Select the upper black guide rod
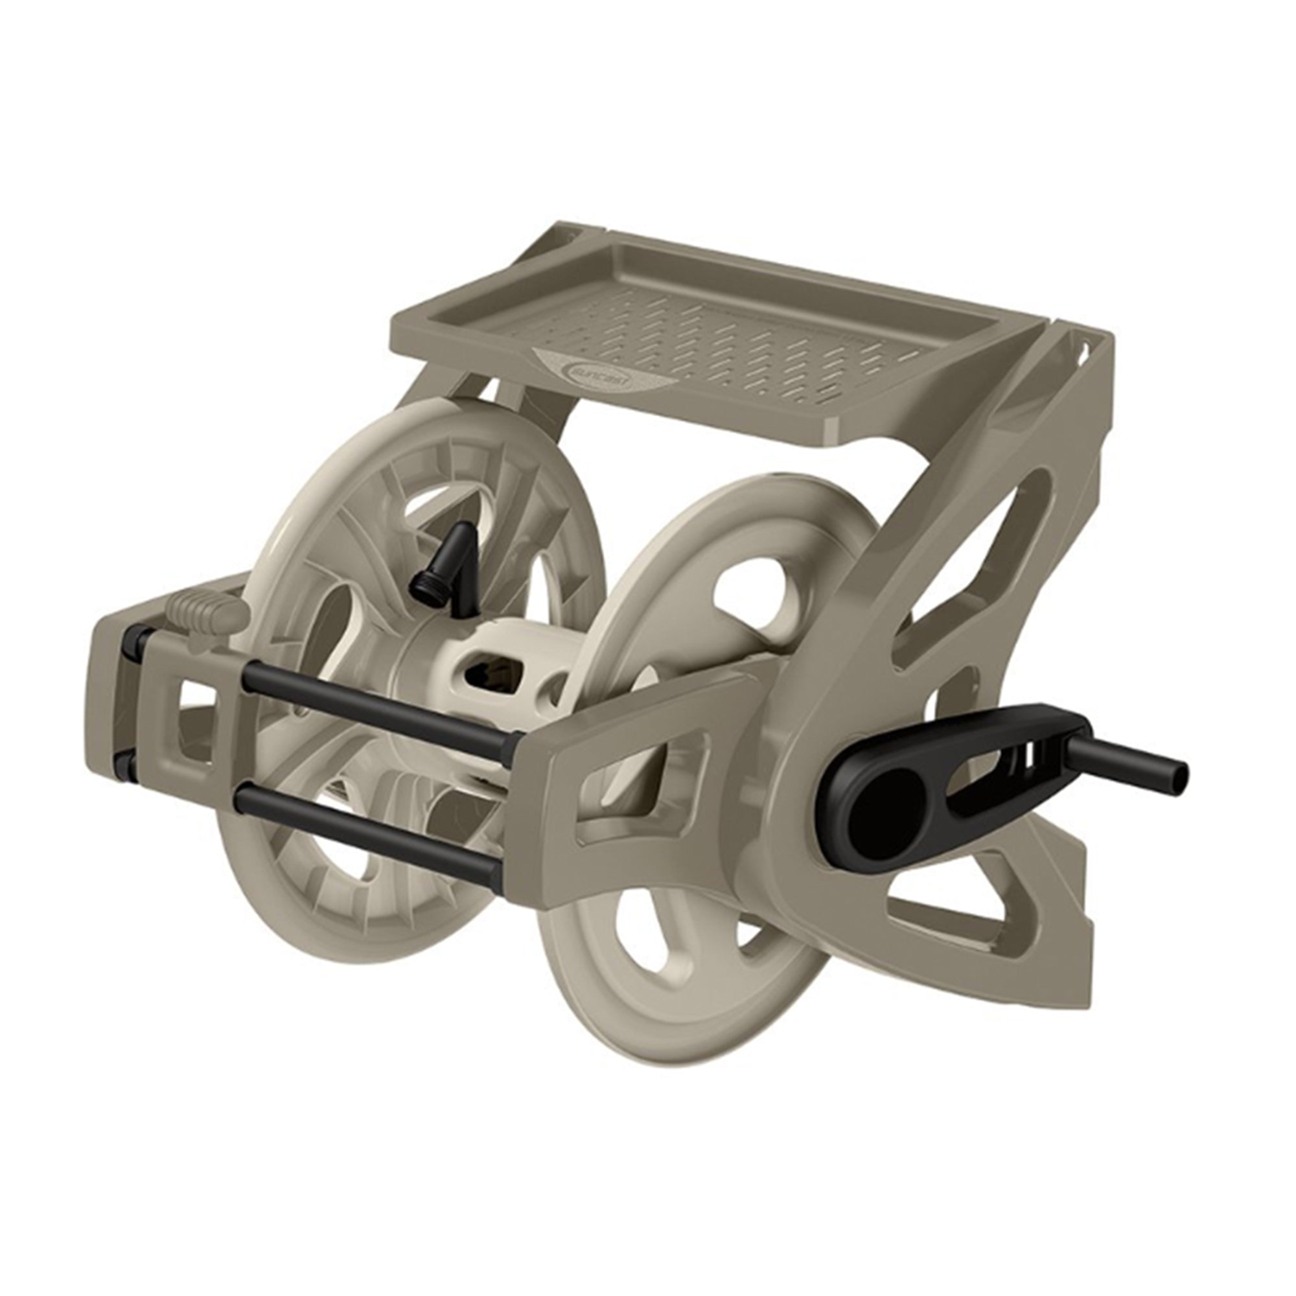[376, 704]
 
